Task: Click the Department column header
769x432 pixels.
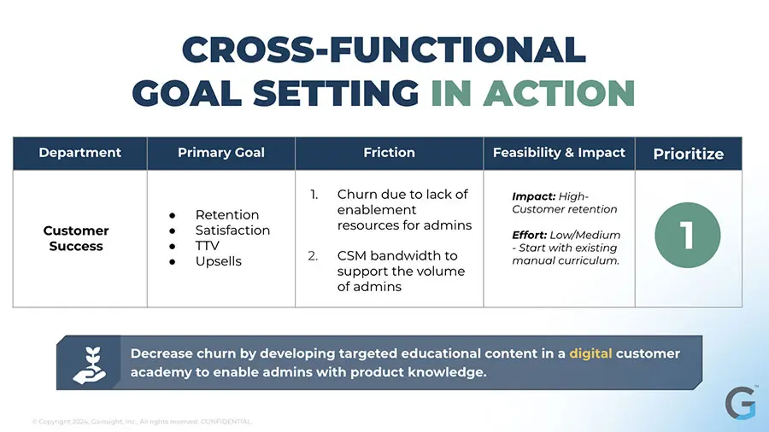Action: point(80,153)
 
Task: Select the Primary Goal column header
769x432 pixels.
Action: point(221,153)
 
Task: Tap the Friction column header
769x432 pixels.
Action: point(389,153)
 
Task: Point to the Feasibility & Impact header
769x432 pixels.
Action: point(559,153)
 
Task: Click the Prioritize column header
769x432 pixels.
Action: point(688,155)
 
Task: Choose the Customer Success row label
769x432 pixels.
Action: point(76,238)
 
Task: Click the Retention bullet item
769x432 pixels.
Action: point(227,214)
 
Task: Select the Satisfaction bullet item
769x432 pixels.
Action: point(232,231)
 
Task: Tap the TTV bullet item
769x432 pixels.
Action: point(207,245)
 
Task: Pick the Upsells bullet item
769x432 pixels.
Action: point(218,261)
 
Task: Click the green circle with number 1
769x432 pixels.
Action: point(688,235)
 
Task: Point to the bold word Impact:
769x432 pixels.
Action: point(533,196)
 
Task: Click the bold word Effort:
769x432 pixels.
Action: point(529,235)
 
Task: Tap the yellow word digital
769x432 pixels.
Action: point(590,353)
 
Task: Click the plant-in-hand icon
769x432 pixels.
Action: point(89,365)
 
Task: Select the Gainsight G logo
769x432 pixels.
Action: point(741,403)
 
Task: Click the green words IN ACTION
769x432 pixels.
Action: point(533,93)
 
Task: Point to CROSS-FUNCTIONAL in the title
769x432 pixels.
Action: point(384,50)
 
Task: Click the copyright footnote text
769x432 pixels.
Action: point(142,421)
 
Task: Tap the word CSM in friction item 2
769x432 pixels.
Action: point(352,255)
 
